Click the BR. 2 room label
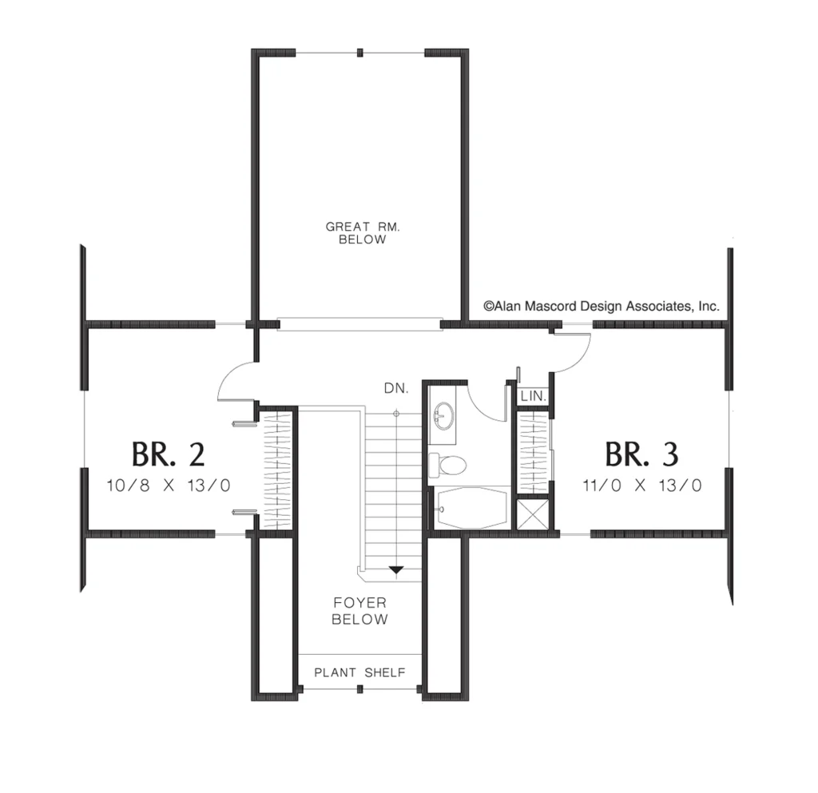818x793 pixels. [x=168, y=454]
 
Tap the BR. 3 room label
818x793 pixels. [x=641, y=454]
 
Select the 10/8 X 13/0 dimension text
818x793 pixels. [x=169, y=486]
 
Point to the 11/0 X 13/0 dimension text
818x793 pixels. [x=642, y=486]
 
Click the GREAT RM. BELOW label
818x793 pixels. [x=363, y=233]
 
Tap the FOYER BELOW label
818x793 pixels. [x=360, y=611]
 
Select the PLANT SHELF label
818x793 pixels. [x=359, y=672]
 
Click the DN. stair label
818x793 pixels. [x=396, y=388]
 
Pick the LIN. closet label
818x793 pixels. [x=533, y=396]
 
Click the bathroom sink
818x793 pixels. [x=444, y=415]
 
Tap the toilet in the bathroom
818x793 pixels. [x=447, y=465]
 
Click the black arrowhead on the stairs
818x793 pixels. [x=396, y=570]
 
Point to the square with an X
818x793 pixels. [x=533, y=514]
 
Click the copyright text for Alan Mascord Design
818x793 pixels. [x=602, y=307]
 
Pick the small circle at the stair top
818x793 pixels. [x=396, y=414]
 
